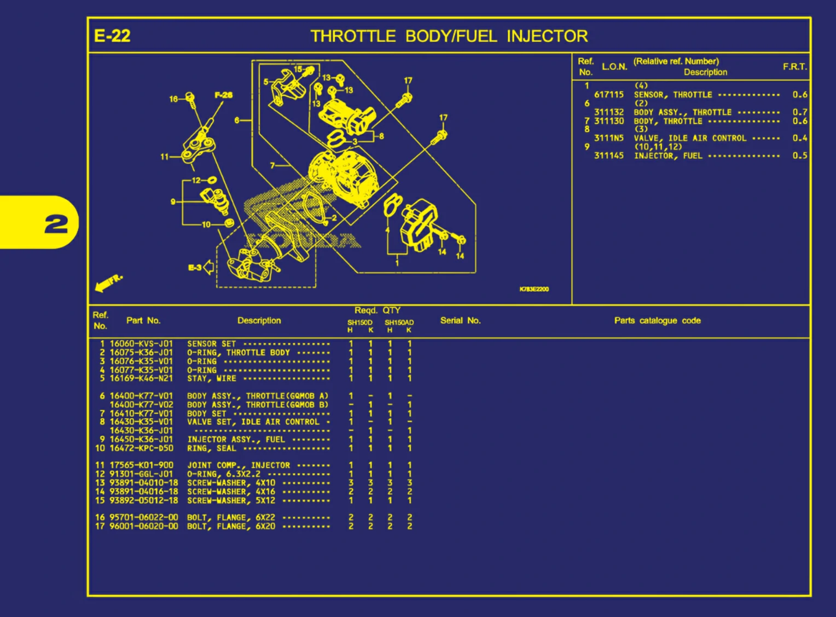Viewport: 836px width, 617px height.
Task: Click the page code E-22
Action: point(112,36)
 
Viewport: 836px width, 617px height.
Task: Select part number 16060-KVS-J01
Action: point(141,344)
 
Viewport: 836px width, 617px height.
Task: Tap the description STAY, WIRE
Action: point(212,378)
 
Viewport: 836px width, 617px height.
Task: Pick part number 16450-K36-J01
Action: point(141,439)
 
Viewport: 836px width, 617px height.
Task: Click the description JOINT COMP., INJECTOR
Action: point(239,465)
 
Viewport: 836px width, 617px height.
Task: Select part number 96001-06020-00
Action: point(143,526)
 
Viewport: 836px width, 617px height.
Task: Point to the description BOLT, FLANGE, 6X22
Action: point(231,517)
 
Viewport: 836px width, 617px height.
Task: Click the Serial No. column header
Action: point(460,320)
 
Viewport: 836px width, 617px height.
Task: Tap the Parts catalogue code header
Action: point(657,320)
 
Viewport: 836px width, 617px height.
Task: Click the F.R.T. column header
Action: point(794,67)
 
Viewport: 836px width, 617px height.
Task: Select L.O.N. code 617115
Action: point(609,95)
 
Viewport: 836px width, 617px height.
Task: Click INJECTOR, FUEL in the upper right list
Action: point(667,156)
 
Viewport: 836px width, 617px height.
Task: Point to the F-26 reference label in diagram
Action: point(223,95)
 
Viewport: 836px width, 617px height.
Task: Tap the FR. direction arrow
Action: point(108,282)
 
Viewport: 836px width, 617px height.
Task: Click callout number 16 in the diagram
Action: point(173,99)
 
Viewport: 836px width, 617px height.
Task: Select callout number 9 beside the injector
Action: point(173,201)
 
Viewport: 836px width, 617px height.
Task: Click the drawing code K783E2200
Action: point(534,289)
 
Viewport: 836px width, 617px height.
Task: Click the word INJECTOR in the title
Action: point(547,36)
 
